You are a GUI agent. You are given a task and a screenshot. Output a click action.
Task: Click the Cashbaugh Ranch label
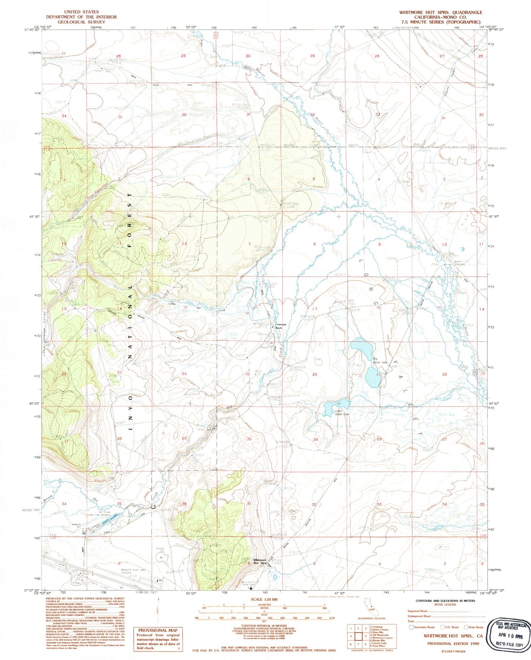281,326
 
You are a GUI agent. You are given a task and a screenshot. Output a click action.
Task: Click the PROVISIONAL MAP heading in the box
158,630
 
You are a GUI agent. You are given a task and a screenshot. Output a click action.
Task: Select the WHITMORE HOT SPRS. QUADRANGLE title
441,12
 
